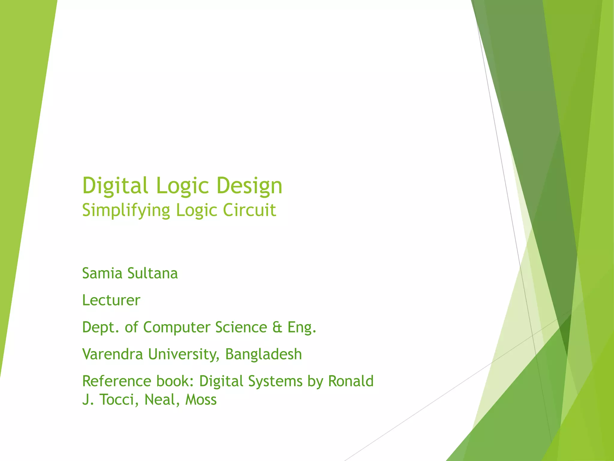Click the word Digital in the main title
pyautogui.click(x=115, y=185)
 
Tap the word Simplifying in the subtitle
pyautogui.click(x=126, y=210)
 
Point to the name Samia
pyautogui.click(x=102, y=273)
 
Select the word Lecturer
pyautogui.click(x=111, y=300)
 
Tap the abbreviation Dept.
pyautogui.click(x=100, y=327)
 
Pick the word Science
pyautogui.click(x=241, y=327)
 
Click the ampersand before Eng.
pyautogui.click(x=277, y=327)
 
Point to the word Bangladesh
pyautogui.click(x=263, y=354)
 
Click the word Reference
pyautogui.click(x=117, y=381)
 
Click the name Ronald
pyautogui.click(x=351, y=381)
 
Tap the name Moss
pyautogui.click(x=201, y=399)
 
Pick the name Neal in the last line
pyautogui.click(x=157, y=399)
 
